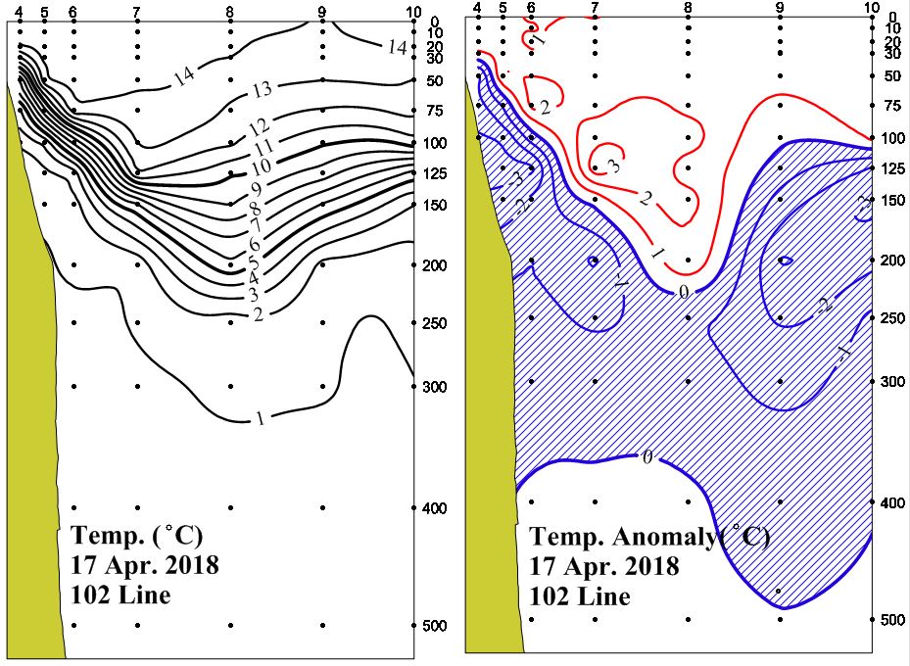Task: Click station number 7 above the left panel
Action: click(x=136, y=10)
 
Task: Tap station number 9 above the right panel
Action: click(x=780, y=7)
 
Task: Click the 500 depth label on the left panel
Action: click(x=433, y=626)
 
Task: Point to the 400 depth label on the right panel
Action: click(x=890, y=502)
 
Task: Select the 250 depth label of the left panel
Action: click(x=433, y=322)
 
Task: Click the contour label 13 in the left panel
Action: click(x=261, y=91)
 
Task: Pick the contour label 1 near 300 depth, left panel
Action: click(x=261, y=419)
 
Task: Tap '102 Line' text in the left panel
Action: click(x=121, y=595)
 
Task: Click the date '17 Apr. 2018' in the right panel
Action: click(x=604, y=567)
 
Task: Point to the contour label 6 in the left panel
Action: click(x=254, y=244)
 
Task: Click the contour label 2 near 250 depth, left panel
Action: click(x=259, y=313)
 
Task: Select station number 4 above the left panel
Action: click(x=19, y=10)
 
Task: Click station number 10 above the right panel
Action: click(x=872, y=7)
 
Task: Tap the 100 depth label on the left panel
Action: click(x=433, y=143)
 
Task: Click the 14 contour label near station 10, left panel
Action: click(x=396, y=46)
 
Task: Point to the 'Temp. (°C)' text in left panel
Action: click(x=136, y=536)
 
